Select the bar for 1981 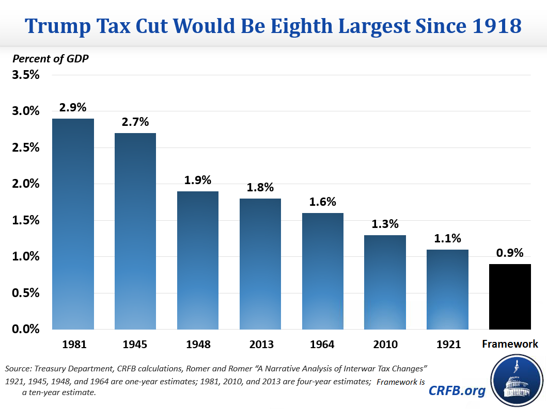tap(73, 224)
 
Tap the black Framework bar tap(510, 297)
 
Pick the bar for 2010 tap(385, 282)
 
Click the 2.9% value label tap(73, 108)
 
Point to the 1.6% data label tap(322, 202)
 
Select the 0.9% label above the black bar tap(510, 253)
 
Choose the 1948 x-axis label tap(198, 344)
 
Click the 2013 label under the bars tap(260, 344)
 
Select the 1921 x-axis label tap(447, 344)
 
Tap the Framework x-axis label tap(510, 344)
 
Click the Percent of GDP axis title tap(51, 58)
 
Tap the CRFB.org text tap(457, 391)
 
